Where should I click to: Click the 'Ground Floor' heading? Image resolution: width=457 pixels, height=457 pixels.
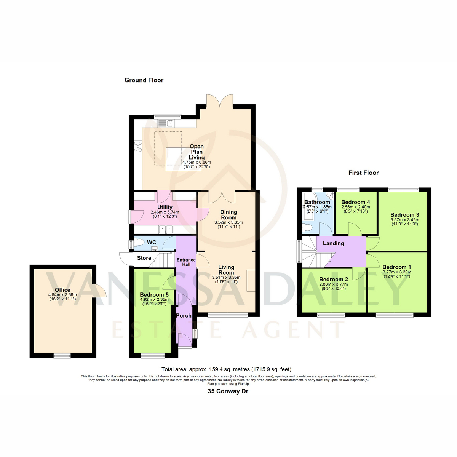click(144, 80)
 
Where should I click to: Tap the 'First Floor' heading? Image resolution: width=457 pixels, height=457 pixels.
click(363, 173)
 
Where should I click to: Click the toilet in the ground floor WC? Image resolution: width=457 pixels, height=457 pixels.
click(139, 242)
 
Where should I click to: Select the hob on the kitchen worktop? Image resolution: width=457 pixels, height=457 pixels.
click(138, 147)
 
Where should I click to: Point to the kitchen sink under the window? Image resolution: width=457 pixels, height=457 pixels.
click(166, 123)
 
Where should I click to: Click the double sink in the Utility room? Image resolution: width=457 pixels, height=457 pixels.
click(166, 229)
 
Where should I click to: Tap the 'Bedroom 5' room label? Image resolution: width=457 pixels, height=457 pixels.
click(154, 294)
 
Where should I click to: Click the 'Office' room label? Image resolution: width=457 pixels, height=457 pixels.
click(62, 290)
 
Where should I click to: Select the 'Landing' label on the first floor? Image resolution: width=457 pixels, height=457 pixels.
click(334, 243)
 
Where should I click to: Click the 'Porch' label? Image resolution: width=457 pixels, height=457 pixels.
click(184, 316)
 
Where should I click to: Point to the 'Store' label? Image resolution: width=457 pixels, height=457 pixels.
click(144, 258)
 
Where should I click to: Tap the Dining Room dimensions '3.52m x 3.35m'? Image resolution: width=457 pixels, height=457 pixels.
click(228, 222)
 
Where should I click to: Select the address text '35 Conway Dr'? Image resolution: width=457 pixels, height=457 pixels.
click(228, 391)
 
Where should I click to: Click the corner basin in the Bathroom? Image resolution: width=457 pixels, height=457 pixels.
click(331, 195)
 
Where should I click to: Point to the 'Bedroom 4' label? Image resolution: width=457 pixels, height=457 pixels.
click(355, 202)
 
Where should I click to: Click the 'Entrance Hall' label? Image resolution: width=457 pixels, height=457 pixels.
click(186, 262)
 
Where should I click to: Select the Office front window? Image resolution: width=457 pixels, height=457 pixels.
click(62, 356)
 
